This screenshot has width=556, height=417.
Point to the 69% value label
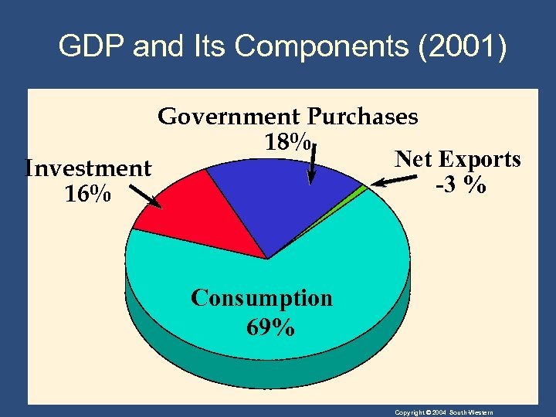(x=270, y=327)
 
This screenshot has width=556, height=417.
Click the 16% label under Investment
(x=86, y=195)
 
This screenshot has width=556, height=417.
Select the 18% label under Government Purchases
(x=287, y=143)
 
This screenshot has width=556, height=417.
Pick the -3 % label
(x=460, y=186)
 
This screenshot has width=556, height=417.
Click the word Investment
(x=88, y=168)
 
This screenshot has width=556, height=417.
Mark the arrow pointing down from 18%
(x=312, y=164)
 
